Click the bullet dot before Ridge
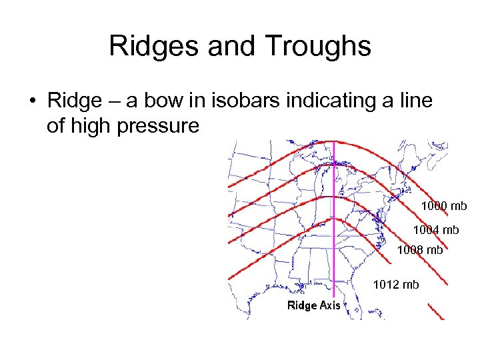point(31,102)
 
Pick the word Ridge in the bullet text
point(73,102)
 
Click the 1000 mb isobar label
point(443,206)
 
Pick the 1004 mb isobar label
point(436,230)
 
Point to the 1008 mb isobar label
point(419,251)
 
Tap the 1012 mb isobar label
point(396,285)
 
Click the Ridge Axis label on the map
point(313,305)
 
